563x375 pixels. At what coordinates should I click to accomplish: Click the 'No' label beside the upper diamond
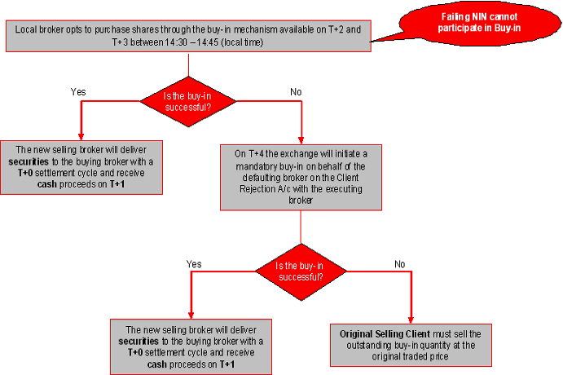coord(295,91)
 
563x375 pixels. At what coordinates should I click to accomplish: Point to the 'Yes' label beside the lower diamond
coord(194,264)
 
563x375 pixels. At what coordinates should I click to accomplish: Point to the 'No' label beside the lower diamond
coord(399,264)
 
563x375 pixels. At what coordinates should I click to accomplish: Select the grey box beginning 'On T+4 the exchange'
coord(301,177)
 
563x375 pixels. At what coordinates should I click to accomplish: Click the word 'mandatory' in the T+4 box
coord(252,167)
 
